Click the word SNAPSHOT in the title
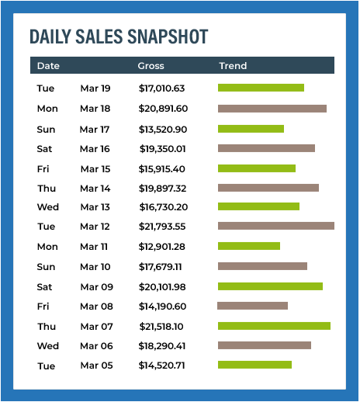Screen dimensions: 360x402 click(168, 36)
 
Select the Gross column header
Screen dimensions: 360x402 click(151, 66)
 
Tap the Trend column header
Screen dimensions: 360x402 click(233, 66)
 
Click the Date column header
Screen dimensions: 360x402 click(48, 66)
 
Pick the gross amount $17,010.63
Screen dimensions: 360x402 click(161, 88)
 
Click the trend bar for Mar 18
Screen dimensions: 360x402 click(272, 109)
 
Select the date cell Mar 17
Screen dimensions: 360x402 click(95, 130)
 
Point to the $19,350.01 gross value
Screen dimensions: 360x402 click(163, 149)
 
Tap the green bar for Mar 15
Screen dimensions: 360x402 click(257, 168)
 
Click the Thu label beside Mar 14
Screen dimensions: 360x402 click(47, 189)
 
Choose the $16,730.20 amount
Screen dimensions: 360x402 click(164, 207)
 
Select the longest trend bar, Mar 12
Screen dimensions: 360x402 click(276, 226)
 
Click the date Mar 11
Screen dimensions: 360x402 click(94, 247)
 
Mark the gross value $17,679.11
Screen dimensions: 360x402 click(161, 267)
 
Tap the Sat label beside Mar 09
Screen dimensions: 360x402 click(44, 287)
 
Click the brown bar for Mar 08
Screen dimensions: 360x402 click(252, 306)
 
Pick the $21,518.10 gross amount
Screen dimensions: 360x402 click(161, 327)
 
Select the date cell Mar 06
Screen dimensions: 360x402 click(96, 346)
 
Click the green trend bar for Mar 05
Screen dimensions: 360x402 click(254, 365)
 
